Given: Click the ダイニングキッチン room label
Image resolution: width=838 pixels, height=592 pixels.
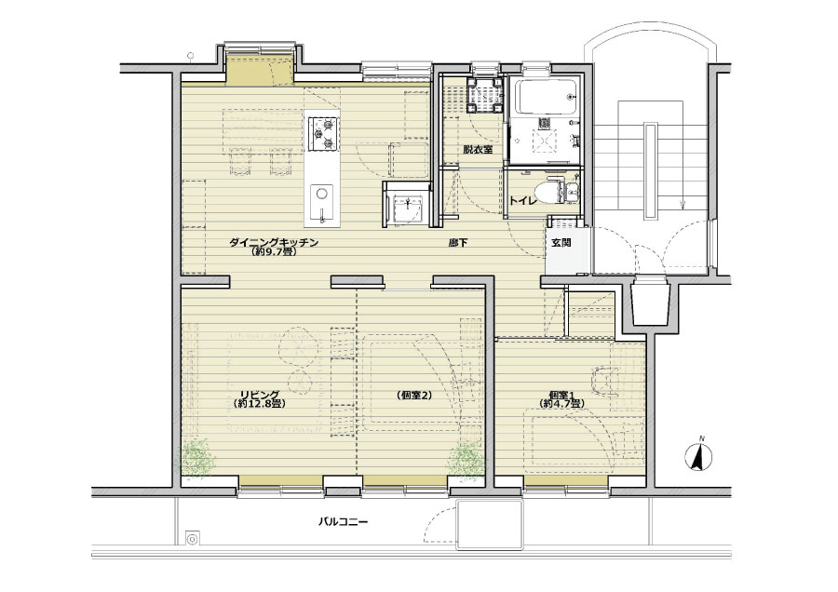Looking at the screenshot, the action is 274,243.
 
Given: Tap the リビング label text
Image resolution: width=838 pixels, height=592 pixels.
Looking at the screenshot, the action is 259,395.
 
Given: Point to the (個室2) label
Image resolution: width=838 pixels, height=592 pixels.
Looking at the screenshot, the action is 414,396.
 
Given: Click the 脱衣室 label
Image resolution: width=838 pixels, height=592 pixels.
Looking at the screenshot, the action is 478,150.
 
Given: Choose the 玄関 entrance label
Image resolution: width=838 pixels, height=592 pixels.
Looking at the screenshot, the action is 561,243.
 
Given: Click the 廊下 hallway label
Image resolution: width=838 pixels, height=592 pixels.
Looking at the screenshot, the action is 458,243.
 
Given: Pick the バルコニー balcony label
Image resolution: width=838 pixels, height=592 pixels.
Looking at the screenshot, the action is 343,521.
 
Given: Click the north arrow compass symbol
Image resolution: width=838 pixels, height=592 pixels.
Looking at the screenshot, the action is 698,456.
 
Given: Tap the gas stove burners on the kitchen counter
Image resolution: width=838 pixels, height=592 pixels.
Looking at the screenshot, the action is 323,132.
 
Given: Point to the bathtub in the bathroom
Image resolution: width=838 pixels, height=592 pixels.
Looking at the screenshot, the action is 544,96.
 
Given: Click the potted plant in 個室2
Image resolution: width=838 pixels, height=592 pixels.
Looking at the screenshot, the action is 466,458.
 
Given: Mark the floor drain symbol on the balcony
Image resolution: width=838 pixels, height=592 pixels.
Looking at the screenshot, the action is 192,538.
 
